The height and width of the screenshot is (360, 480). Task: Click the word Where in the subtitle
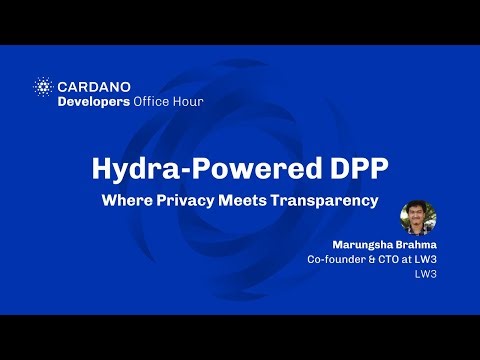click(x=126, y=200)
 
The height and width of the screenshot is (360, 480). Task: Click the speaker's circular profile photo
click(x=418, y=218)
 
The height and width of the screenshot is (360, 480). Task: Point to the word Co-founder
click(x=338, y=260)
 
